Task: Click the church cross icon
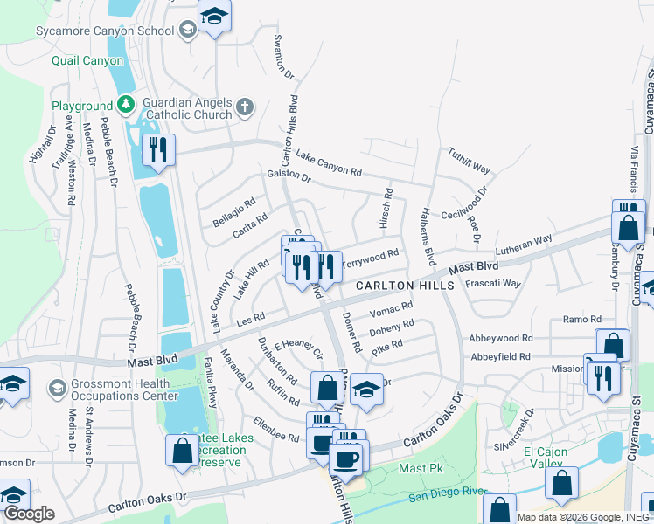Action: [x=245, y=107]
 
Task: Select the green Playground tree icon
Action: [x=127, y=106]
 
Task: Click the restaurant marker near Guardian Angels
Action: [x=158, y=149]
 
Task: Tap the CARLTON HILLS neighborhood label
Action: [x=405, y=286]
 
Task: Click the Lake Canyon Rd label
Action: [x=329, y=163]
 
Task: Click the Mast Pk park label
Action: [x=421, y=469]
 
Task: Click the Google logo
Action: [x=29, y=514]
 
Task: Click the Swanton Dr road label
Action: [x=281, y=57]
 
